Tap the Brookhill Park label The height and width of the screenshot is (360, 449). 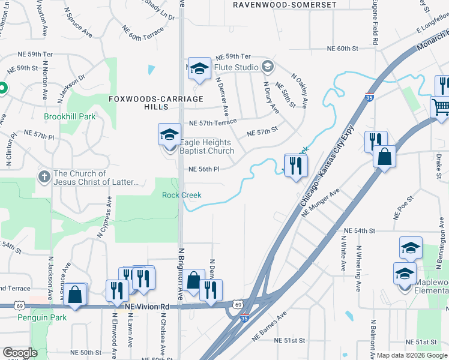pyautogui.click(x=70, y=116)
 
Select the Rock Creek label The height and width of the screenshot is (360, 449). pyautogui.click(x=181, y=195)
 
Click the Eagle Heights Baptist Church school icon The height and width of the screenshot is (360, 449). pyautogui.click(x=169, y=134)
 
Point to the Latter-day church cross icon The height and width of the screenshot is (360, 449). pyautogui.click(x=44, y=177)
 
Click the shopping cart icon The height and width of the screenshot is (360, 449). pyautogui.click(x=441, y=107)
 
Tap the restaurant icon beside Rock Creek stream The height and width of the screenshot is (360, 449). pyautogui.click(x=295, y=165)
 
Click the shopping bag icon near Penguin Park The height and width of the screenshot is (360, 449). pyautogui.click(x=75, y=294)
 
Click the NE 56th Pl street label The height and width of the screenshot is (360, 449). pyautogui.click(x=204, y=170)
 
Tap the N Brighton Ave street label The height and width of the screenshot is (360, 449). pyautogui.click(x=179, y=273)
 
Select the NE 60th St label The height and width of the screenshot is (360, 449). pyautogui.click(x=342, y=49)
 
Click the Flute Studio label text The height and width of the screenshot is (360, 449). pyautogui.click(x=238, y=67)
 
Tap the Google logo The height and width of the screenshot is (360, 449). pyautogui.click(x=20, y=353)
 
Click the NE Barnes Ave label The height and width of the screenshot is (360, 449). pyautogui.click(x=269, y=321)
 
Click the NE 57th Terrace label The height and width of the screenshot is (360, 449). pyautogui.click(x=212, y=122)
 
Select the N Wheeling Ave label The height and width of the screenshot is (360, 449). pyautogui.click(x=358, y=268)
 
